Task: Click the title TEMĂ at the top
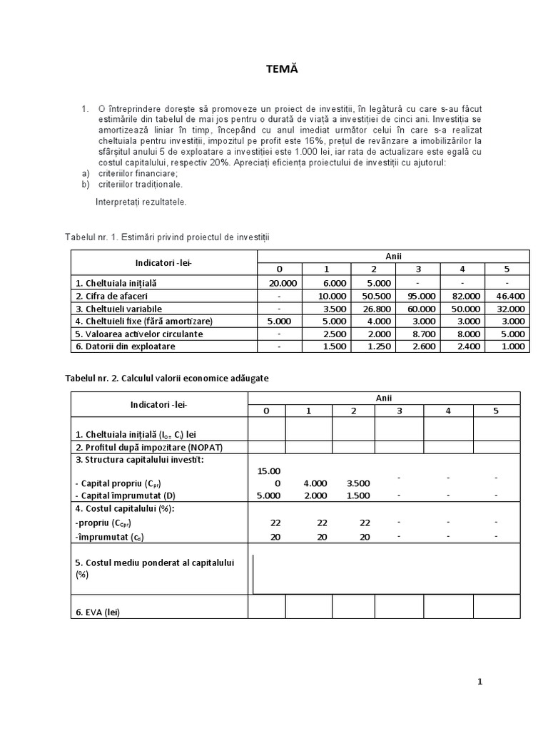(x=275, y=68)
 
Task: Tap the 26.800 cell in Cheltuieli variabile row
(x=376, y=309)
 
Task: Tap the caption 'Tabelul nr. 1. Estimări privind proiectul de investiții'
(x=168, y=236)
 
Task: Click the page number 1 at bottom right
(x=480, y=682)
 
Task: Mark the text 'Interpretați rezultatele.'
(x=141, y=202)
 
